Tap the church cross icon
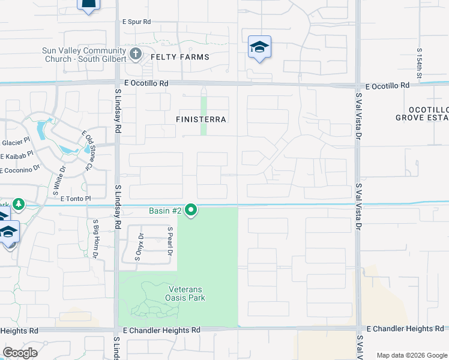pyautogui.click(x=135, y=54)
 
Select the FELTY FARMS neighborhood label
pyautogui.click(x=180, y=57)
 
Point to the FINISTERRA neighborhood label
pyautogui.click(x=201, y=119)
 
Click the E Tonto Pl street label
pyautogui.click(x=75, y=199)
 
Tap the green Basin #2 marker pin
pyautogui.click(x=191, y=211)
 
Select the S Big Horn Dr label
pyautogui.click(x=95, y=238)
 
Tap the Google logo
pyautogui.click(x=20, y=353)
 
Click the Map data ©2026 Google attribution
pyautogui.click(x=411, y=355)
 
